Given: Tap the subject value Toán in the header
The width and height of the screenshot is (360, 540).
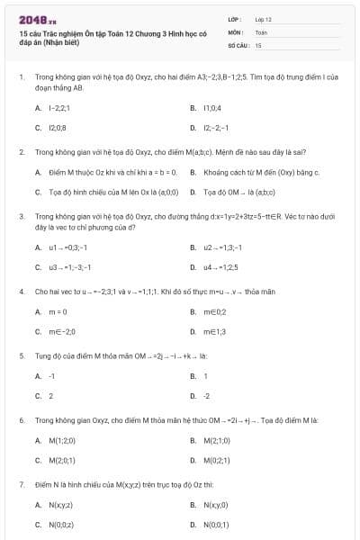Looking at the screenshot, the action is pos(261,31).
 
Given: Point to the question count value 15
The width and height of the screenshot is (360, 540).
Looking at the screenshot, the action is pos(258,44).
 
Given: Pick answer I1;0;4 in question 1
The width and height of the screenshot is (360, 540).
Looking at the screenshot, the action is pos(211,107).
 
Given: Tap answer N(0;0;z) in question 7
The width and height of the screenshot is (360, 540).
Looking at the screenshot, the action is pos(61,524).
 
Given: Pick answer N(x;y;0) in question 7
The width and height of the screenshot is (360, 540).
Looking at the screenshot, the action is pos(217,505).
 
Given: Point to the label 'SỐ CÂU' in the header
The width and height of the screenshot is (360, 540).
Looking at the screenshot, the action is pos(238,44).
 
